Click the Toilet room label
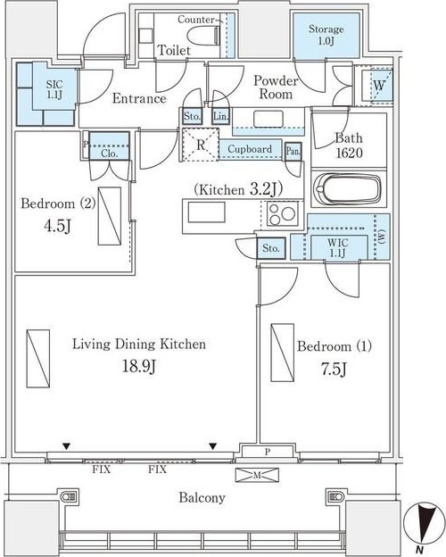174,50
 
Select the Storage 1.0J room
326,36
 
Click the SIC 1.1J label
54,89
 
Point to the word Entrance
139,98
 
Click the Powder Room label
276,87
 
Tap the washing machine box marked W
378,86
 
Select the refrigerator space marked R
201,145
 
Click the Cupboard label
250,149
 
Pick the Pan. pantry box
293,152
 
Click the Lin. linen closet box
220,116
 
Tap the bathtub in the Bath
348,189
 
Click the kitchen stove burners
282,214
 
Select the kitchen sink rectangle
206,212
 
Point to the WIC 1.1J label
337,247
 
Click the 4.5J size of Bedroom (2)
57,226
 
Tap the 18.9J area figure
139,366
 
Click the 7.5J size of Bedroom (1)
334,370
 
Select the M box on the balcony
257,475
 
